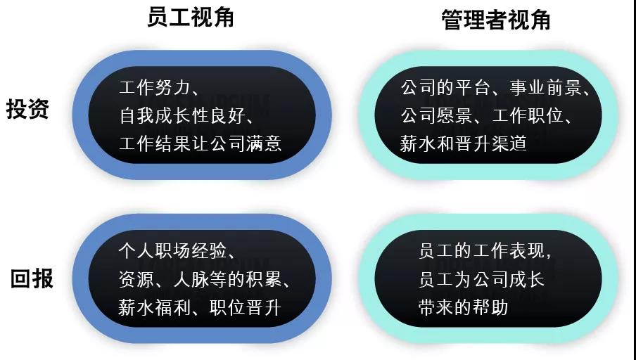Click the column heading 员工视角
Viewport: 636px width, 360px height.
point(190,18)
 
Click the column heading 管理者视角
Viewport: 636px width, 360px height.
point(496,20)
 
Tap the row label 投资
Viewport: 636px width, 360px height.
point(27,109)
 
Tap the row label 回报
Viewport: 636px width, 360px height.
point(32,278)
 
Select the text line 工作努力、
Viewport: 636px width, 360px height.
point(159,88)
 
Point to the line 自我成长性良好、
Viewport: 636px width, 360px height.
point(186,115)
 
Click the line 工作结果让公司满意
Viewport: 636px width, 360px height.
point(201,143)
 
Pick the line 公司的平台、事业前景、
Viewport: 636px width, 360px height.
point(495,88)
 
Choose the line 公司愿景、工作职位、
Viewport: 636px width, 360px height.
point(486,115)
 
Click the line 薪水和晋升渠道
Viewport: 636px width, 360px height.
point(463,143)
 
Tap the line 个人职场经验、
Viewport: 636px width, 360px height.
point(177,251)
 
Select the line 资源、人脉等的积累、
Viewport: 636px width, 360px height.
point(205,279)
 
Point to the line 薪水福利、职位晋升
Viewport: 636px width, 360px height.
point(200,307)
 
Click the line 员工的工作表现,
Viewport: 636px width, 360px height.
point(485,251)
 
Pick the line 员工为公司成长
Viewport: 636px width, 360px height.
point(481,279)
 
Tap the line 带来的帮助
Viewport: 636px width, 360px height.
point(463,307)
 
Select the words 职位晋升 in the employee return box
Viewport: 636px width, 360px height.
point(246,307)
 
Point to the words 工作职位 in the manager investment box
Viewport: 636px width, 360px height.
point(527,115)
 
